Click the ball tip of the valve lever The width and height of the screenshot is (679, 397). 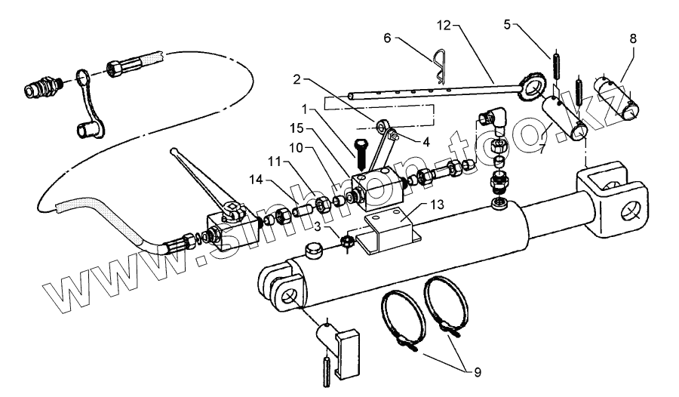176,152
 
